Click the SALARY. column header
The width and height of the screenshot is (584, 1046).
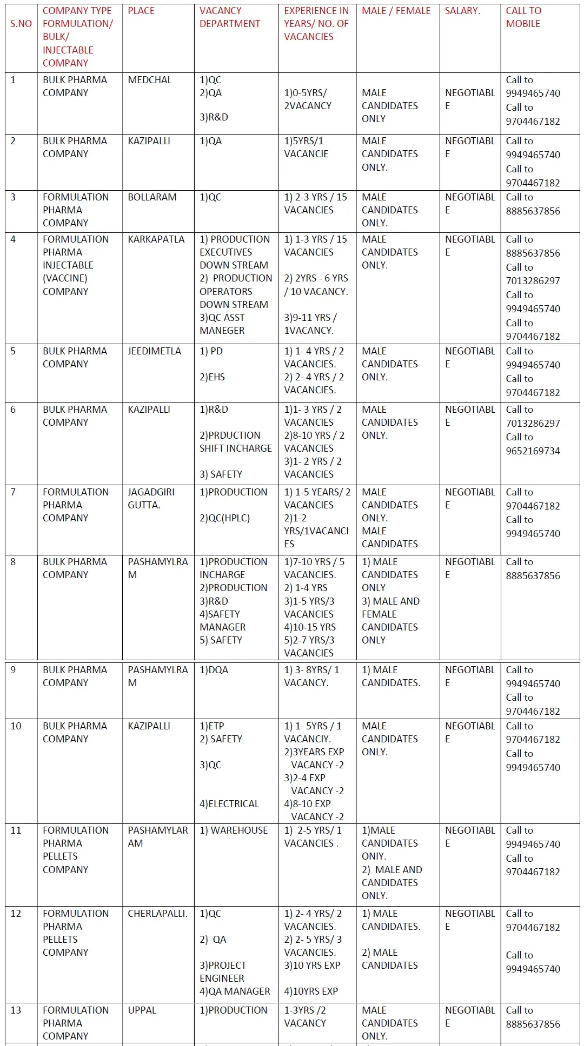tap(462, 11)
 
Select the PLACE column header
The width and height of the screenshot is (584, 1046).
tap(141, 11)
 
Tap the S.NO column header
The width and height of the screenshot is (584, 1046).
tap(21, 24)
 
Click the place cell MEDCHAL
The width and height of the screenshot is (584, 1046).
tap(149, 80)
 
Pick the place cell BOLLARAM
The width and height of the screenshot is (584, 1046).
tap(152, 197)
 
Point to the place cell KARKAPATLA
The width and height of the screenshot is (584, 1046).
tap(156, 239)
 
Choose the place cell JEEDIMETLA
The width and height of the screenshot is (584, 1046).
tap(154, 351)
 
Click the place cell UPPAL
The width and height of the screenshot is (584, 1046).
tap(142, 1010)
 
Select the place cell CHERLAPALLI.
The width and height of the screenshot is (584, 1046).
tap(157, 914)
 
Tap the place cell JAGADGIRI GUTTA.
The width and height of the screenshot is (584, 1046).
tap(151, 499)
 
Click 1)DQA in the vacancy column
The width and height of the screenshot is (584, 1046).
tap(214, 670)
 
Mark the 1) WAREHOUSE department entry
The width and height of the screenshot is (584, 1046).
tap(234, 830)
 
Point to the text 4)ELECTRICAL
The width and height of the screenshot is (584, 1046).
tap(229, 804)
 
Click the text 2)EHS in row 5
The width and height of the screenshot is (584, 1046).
tap(212, 377)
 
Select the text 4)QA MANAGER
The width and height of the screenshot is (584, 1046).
tap(235, 991)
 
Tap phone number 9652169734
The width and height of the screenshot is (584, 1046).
tap(533, 451)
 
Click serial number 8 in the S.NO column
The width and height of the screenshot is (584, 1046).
tap(13, 562)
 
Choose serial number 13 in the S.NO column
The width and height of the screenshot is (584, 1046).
tap(16, 1010)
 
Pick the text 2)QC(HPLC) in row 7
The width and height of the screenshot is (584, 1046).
tap(224, 518)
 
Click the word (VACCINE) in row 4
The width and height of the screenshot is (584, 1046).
tap(65, 278)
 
